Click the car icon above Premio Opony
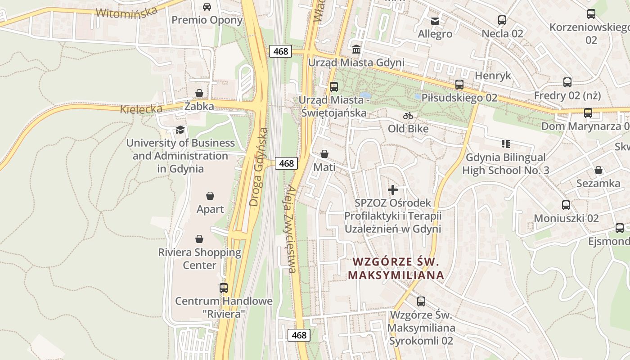(207, 7)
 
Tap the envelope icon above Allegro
(435, 21)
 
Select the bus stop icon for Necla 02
(502, 20)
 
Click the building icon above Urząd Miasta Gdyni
(356, 49)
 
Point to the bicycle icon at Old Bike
(408, 116)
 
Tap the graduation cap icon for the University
(180, 130)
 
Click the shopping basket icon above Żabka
(199, 93)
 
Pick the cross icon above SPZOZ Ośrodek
(393, 190)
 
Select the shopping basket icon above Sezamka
(598, 170)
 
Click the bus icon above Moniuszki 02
(566, 205)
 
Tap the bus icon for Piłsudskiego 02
(459, 85)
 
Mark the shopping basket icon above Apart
(210, 196)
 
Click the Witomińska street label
(127, 12)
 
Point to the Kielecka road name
(141, 109)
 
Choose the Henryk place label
(493, 75)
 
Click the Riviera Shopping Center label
(199, 259)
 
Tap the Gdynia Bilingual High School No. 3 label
(506, 164)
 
